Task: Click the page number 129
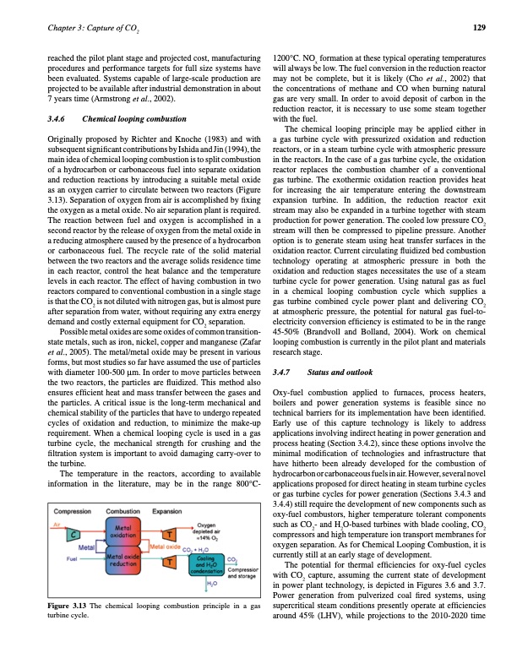click(x=479, y=28)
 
